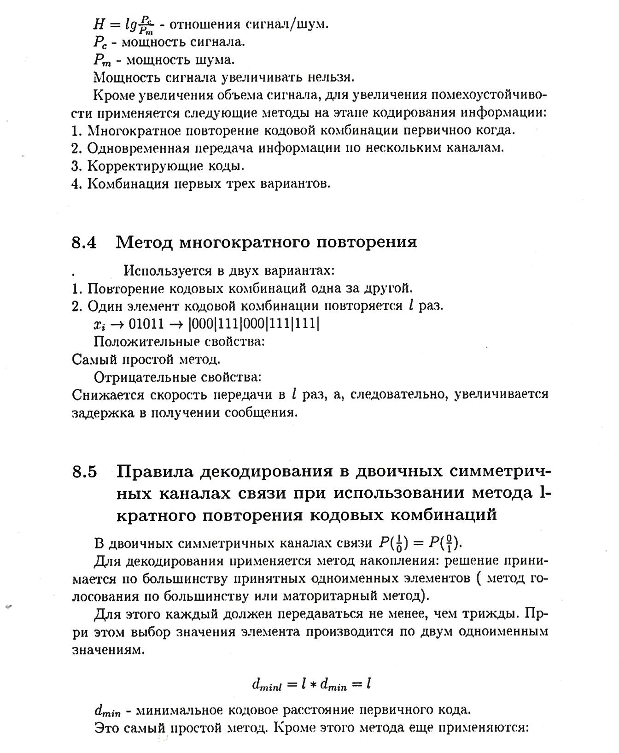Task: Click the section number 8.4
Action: tap(84, 242)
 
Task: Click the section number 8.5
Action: tap(84, 472)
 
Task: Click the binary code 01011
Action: tap(146, 324)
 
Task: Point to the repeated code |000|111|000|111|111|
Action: tap(254, 324)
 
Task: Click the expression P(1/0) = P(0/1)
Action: tap(419, 543)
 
